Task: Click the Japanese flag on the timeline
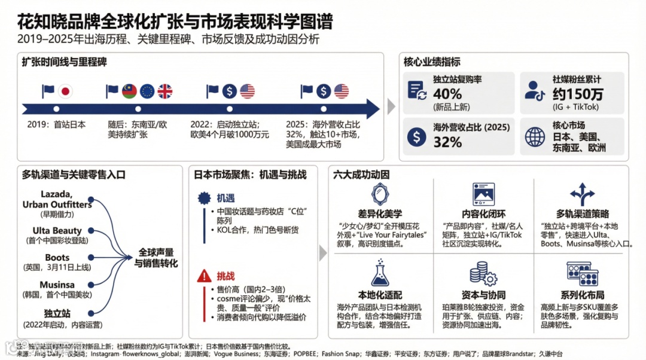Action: [x=65, y=91]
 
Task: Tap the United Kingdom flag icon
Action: [x=164, y=91]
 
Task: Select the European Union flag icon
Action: [x=147, y=91]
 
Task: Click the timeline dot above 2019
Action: [x=56, y=109]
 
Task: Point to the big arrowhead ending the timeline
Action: [x=371, y=109]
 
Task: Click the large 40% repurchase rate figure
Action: [x=447, y=94]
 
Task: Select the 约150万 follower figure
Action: [x=578, y=94]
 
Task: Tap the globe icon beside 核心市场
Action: [x=535, y=137]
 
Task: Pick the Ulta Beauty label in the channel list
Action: [x=57, y=230]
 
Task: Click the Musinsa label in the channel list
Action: [x=57, y=285]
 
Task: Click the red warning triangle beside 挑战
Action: [x=205, y=276]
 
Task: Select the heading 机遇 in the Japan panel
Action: [x=226, y=197]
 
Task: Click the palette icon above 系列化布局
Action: [x=582, y=274]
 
